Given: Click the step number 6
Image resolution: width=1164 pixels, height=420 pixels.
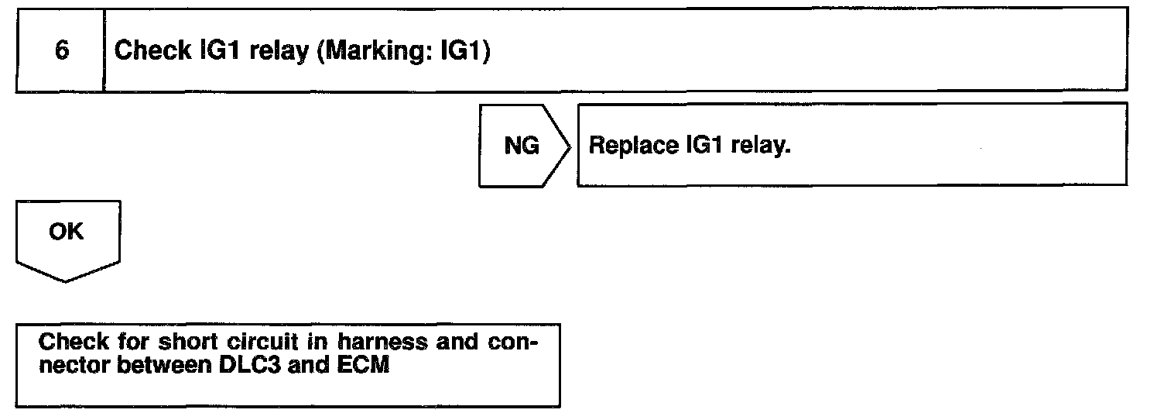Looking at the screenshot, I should coord(60,51).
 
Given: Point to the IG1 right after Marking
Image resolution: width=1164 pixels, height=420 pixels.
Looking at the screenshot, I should coord(457,51).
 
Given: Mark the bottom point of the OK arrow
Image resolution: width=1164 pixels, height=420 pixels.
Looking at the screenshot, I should coord(66,281).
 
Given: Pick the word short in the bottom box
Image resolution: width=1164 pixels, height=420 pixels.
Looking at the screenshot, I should coord(168,342).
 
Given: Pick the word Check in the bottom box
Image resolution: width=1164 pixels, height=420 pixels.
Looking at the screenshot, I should coord(74,342).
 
